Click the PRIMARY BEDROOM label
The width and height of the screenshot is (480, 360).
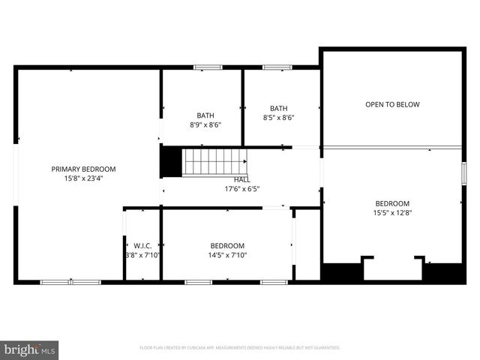[x=83, y=169]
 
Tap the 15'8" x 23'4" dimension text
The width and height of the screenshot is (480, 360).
[x=83, y=178]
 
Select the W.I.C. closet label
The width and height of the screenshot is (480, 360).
[x=142, y=245]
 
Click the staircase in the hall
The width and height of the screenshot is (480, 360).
[x=216, y=161]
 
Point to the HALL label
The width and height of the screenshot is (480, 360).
[x=242, y=180]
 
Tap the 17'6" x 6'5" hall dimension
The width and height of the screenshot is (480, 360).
[x=242, y=189]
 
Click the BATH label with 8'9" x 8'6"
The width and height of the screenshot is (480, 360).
[x=205, y=115]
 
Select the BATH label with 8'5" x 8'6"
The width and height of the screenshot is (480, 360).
[x=279, y=108]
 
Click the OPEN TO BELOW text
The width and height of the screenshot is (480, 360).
[x=392, y=104]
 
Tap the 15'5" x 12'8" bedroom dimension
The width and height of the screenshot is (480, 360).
[x=392, y=213]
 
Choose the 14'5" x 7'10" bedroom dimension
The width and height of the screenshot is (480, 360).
[x=226, y=255]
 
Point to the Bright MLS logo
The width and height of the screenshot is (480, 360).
[x=30, y=349]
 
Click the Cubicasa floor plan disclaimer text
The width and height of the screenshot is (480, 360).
[x=240, y=348]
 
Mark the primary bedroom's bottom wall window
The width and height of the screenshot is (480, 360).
[x=70, y=282]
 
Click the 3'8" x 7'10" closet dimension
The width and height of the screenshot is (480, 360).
[x=142, y=255]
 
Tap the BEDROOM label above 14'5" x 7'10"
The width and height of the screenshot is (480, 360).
[x=226, y=245]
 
